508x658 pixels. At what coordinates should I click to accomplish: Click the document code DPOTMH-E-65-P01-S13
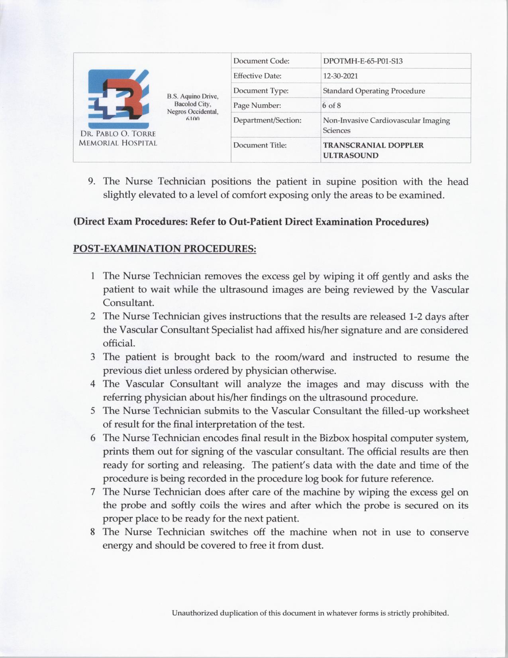pos(363,61)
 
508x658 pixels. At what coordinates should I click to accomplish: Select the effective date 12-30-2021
pos(341,76)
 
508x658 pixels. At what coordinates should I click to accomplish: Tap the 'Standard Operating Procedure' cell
pos(374,91)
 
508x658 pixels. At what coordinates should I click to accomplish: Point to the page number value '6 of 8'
pos(332,106)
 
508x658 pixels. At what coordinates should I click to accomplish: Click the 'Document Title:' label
pos(260,145)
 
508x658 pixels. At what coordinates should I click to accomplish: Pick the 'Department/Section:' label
pos(267,120)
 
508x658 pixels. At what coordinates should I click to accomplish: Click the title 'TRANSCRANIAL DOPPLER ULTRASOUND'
pos(373,150)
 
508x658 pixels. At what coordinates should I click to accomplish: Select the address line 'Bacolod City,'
pos(192,104)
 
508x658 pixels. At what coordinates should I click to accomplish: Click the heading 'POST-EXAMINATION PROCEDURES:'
pos(165,248)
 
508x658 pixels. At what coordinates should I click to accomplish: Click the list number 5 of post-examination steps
pos(92,411)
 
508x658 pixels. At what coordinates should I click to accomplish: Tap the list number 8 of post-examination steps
pos(92,532)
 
